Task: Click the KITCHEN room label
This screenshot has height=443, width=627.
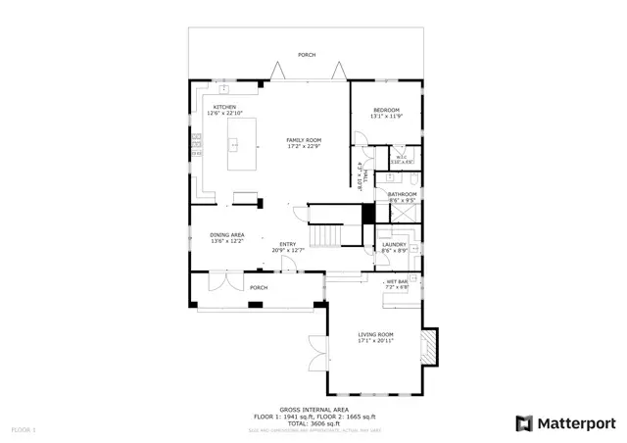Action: tap(224, 108)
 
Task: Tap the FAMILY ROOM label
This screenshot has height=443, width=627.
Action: tap(304, 140)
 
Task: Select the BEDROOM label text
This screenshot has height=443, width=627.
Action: tap(386, 109)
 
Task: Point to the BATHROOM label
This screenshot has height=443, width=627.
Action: tap(403, 194)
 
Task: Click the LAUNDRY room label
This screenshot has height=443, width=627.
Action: tap(394, 244)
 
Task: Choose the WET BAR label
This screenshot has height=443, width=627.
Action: tap(397, 281)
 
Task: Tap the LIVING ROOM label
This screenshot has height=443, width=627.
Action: tap(376, 335)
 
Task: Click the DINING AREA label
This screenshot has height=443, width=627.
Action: tap(227, 234)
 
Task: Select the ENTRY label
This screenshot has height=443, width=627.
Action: tap(288, 244)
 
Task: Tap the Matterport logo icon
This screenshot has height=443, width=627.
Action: tap(524, 423)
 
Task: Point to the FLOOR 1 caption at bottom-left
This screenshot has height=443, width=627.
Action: tap(23, 430)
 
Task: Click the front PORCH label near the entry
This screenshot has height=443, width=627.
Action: tap(258, 287)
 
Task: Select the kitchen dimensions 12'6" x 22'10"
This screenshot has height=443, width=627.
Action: tap(224, 114)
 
